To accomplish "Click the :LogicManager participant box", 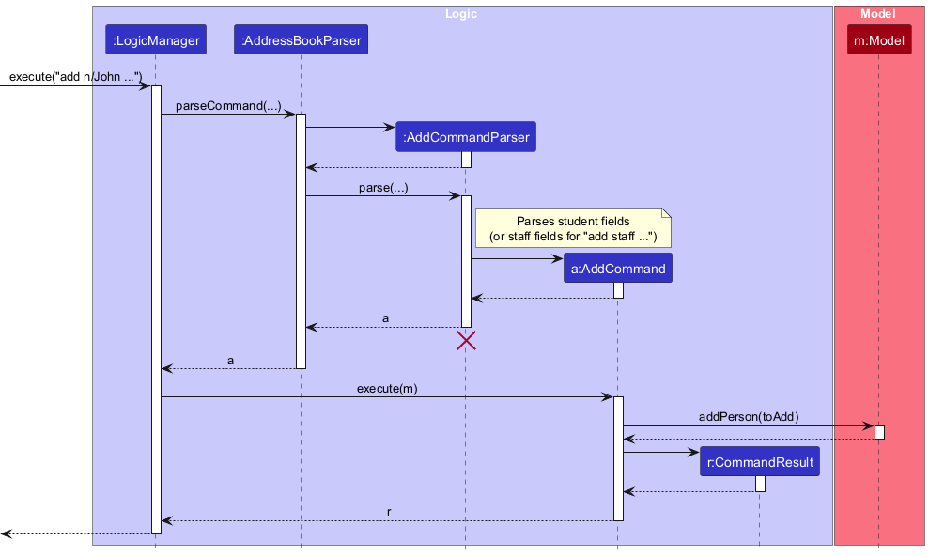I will pos(156,40).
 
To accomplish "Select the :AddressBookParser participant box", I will pos(301,40).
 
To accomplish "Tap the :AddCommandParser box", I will pos(465,137).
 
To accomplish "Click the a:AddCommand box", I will pos(617,269).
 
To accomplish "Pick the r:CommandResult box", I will pos(759,462).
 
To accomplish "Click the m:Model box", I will pos(878,40).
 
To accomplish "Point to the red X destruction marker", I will pos(466,341).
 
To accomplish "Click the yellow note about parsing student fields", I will pos(573,228).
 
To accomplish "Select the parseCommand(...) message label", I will pos(228,106).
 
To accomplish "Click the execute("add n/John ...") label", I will pos(75,76).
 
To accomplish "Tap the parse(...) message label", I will pos(383,188).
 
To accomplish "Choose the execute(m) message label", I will pos(387,388).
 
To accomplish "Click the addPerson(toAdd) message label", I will pos(749,417).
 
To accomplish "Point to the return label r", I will pos(389,512).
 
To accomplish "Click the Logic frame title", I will pos(461,14).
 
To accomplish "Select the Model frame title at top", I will pos(878,14).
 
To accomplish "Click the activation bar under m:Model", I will pos(879,432).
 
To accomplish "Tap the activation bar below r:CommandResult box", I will pos(760,484).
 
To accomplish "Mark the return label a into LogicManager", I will pos(231,361).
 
